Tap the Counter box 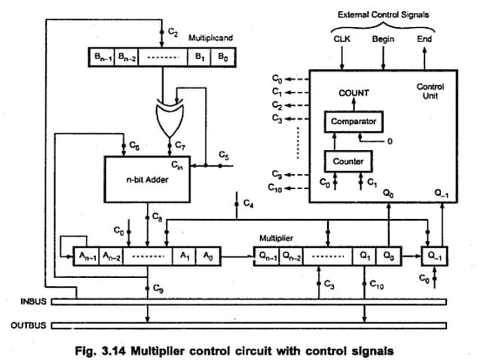coord(348,160)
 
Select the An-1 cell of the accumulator coord(87,256)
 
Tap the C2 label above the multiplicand coord(173,33)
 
